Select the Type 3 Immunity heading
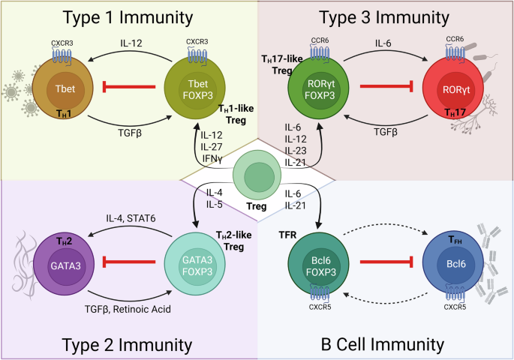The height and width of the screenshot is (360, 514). point(383,18)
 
